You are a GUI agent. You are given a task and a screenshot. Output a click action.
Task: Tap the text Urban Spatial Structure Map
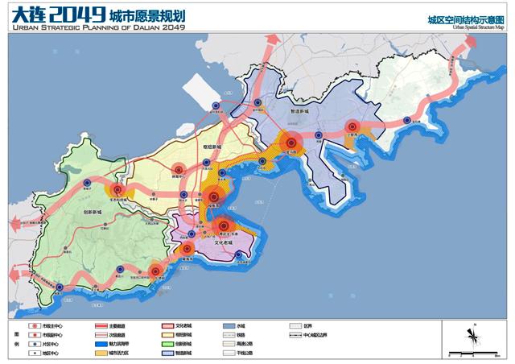(480, 27)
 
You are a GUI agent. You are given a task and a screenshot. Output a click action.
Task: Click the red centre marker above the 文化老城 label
(224, 227)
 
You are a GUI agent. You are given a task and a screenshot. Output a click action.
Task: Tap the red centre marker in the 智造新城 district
(352, 126)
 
